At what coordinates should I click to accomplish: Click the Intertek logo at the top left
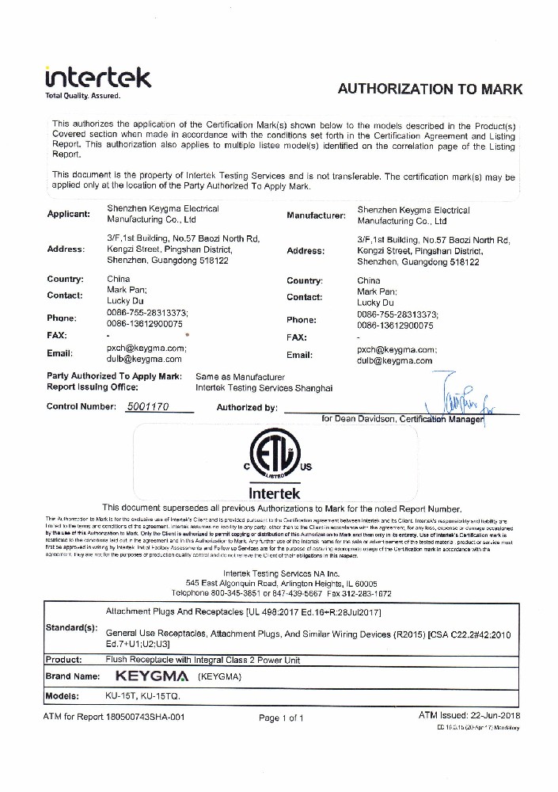point(98,78)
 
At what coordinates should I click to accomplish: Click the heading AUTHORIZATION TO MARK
point(431,89)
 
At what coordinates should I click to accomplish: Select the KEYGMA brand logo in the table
point(150,677)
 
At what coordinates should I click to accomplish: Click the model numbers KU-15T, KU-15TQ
point(143,695)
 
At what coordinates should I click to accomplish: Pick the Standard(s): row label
point(71,628)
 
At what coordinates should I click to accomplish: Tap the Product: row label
point(64,660)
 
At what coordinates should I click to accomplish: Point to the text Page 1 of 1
point(281,718)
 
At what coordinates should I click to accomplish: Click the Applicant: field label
point(69,215)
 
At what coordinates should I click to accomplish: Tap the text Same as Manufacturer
point(240,377)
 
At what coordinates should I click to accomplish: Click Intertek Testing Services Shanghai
point(264,388)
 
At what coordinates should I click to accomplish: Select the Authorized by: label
point(246,408)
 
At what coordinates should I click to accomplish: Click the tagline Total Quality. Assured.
point(82,96)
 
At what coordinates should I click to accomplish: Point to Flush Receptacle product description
point(203,660)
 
